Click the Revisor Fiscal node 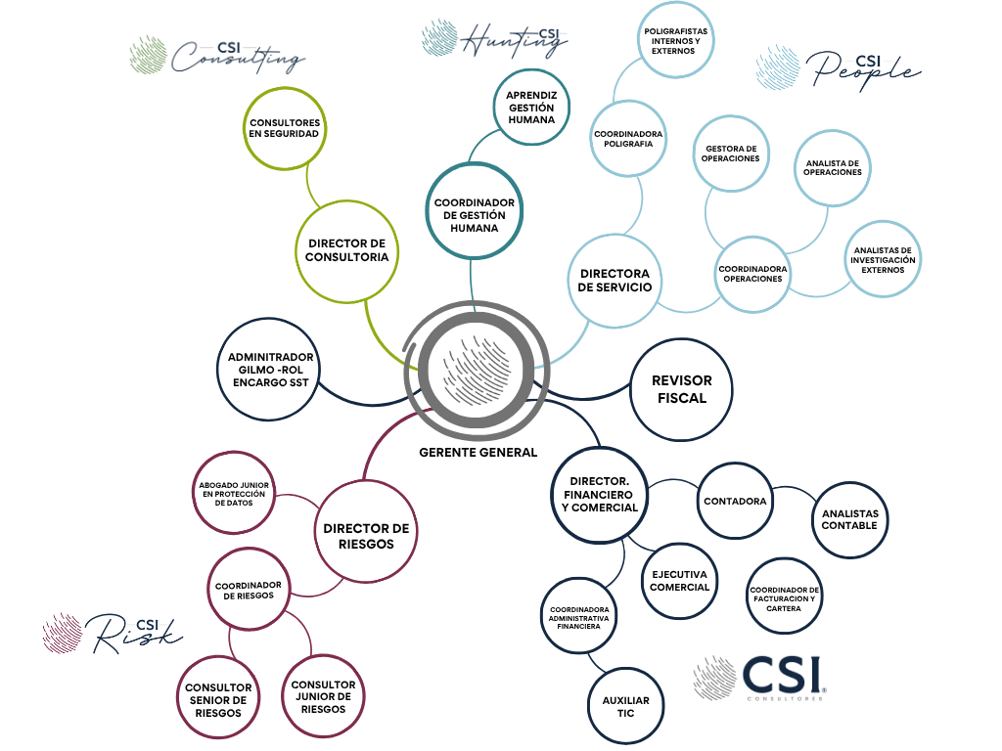pyautogui.click(x=681, y=389)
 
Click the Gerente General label pyautogui.click(x=478, y=453)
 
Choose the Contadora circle pyautogui.click(x=735, y=501)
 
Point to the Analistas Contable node pyautogui.click(x=849, y=519)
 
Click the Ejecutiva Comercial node pyautogui.click(x=679, y=580)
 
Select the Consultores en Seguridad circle pyautogui.click(x=284, y=128)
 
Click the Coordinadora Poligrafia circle pyautogui.click(x=628, y=139)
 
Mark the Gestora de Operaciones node pyautogui.click(x=731, y=153)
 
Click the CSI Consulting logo pyautogui.click(x=217, y=56)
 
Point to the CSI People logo pyautogui.click(x=838, y=68)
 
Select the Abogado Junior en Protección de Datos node pyautogui.click(x=235, y=495)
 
